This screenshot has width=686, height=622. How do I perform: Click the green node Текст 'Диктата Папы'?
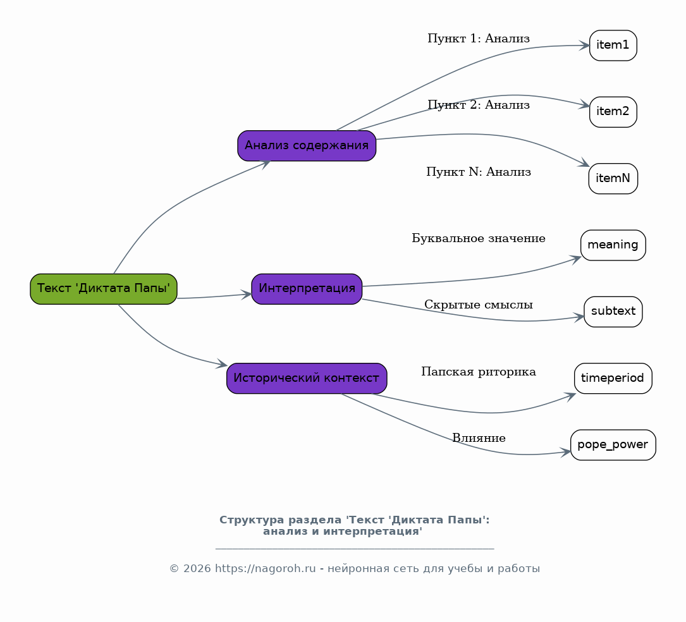(104, 289)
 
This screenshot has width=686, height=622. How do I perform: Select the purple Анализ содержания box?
(307, 145)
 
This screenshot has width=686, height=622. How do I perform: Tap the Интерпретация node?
(307, 289)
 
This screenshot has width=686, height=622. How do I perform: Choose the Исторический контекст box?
(307, 379)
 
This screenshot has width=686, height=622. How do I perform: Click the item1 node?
(613, 46)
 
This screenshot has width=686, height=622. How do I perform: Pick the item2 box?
(613, 112)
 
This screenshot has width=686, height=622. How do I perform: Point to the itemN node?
(613, 178)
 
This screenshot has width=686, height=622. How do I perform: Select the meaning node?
(613, 245)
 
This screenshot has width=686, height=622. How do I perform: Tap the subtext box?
(613, 312)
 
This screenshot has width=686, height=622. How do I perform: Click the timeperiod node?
(613, 379)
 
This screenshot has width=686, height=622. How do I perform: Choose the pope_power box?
(613, 445)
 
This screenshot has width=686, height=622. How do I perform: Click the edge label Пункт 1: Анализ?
(479, 39)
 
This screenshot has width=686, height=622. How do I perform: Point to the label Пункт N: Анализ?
(479, 172)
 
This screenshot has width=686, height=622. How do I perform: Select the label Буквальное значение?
(479, 238)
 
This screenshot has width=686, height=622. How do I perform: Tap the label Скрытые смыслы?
(479, 305)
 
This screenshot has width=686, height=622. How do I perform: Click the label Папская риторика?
(479, 372)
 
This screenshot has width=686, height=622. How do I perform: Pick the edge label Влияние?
(479, 438)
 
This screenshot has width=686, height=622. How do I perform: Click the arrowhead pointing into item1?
(584, 46)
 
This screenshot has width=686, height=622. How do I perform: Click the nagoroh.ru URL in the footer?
(265, 569)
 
